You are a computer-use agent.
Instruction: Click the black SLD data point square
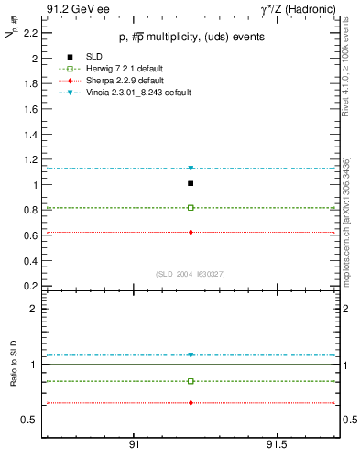(191, 183)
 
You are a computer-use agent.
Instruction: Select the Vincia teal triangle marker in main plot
(191, 169)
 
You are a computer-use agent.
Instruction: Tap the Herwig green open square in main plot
(191, 208)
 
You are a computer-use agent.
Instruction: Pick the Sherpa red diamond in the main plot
(191, 232)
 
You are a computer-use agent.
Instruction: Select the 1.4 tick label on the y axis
(31, 134)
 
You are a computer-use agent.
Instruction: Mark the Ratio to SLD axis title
(14, 378)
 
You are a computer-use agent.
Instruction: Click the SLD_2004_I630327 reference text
(190, 275)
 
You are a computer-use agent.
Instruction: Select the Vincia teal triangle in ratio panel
(191, 355)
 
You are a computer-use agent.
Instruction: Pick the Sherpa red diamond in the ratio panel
(191, 403)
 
